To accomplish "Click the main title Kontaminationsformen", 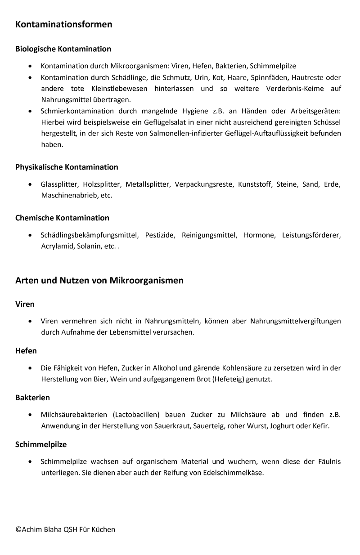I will click(63, 24).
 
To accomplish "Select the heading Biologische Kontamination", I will click(63, 49).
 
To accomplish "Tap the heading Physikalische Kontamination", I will click(67, 167).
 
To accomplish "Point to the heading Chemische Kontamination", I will click(62, 218).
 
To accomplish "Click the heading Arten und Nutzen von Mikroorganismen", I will click(99, 281).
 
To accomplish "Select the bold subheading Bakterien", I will click(32, 398).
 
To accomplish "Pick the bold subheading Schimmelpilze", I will click(41, 444).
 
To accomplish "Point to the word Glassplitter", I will click(59, 184).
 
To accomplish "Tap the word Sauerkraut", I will click(173, 425).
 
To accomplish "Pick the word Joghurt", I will click(281, 425).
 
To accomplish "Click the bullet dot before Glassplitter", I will click(30, 184).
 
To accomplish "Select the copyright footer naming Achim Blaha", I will click(65, 529).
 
